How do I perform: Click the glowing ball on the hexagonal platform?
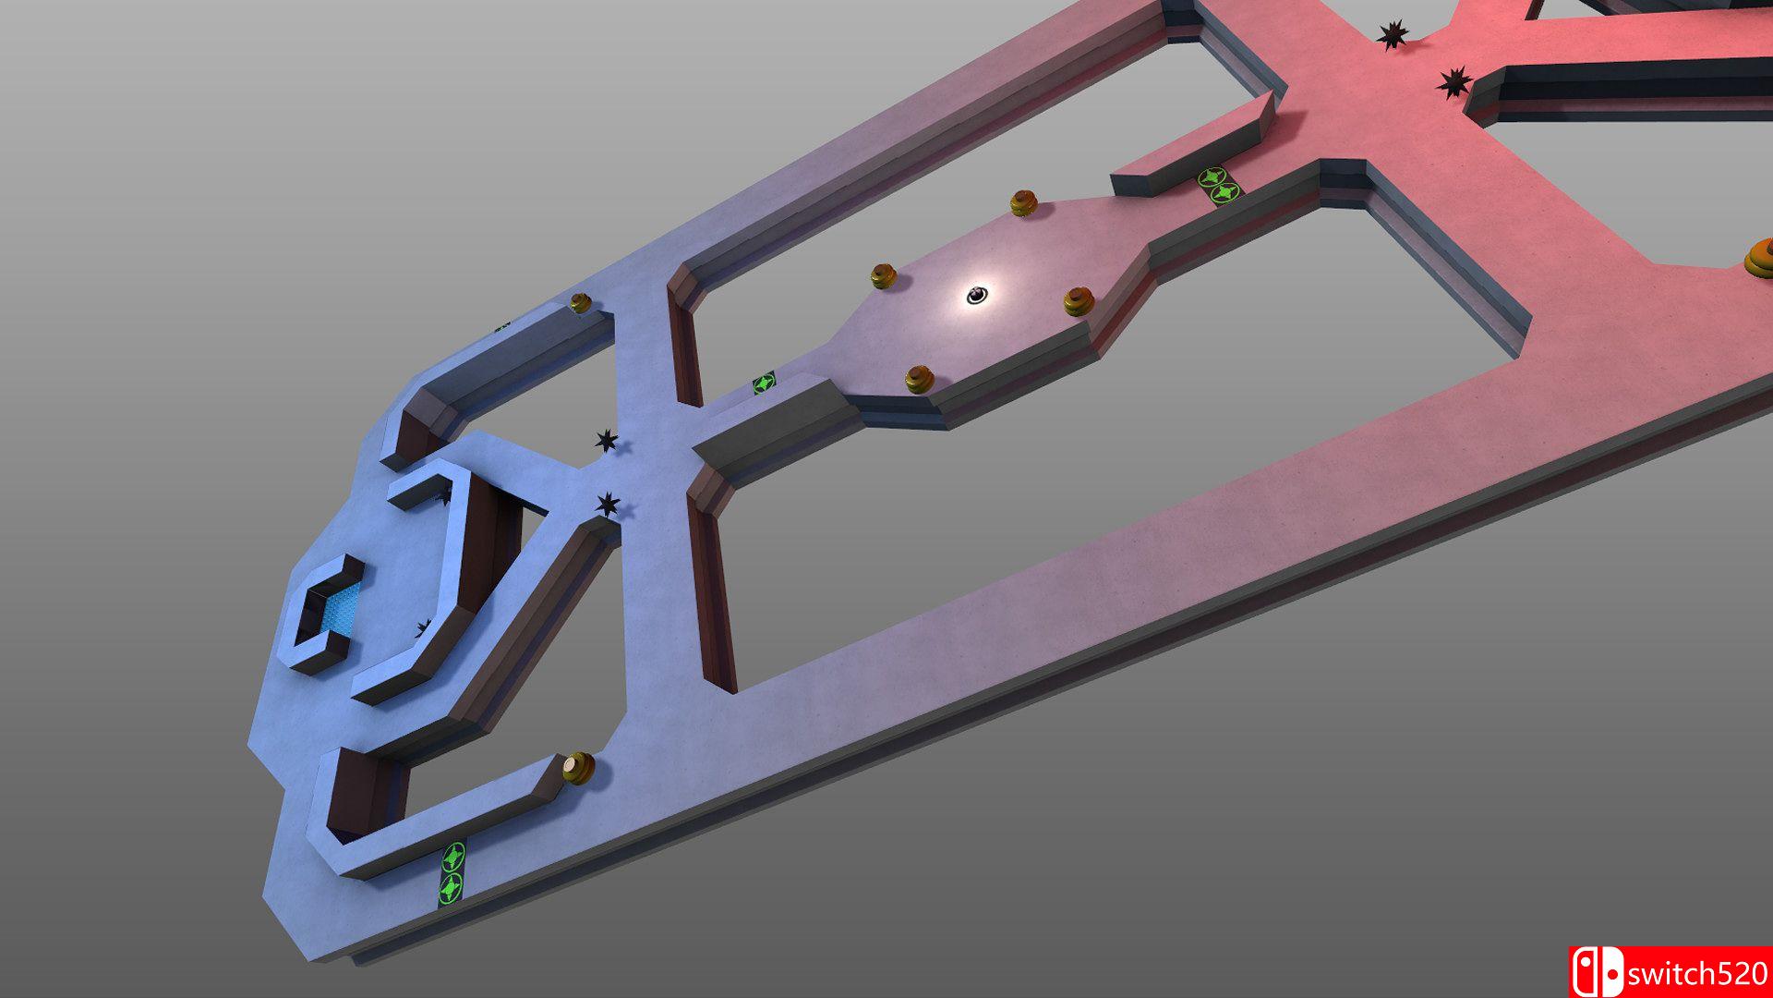977,295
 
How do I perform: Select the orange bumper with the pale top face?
579,768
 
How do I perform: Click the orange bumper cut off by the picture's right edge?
1759,257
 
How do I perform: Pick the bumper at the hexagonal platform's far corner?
1023,203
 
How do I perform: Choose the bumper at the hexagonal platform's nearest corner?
919,379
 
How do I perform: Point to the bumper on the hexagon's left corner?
883,275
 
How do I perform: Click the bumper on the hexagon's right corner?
1079,301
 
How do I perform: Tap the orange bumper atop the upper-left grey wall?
580,302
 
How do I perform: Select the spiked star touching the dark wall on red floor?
1453,82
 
